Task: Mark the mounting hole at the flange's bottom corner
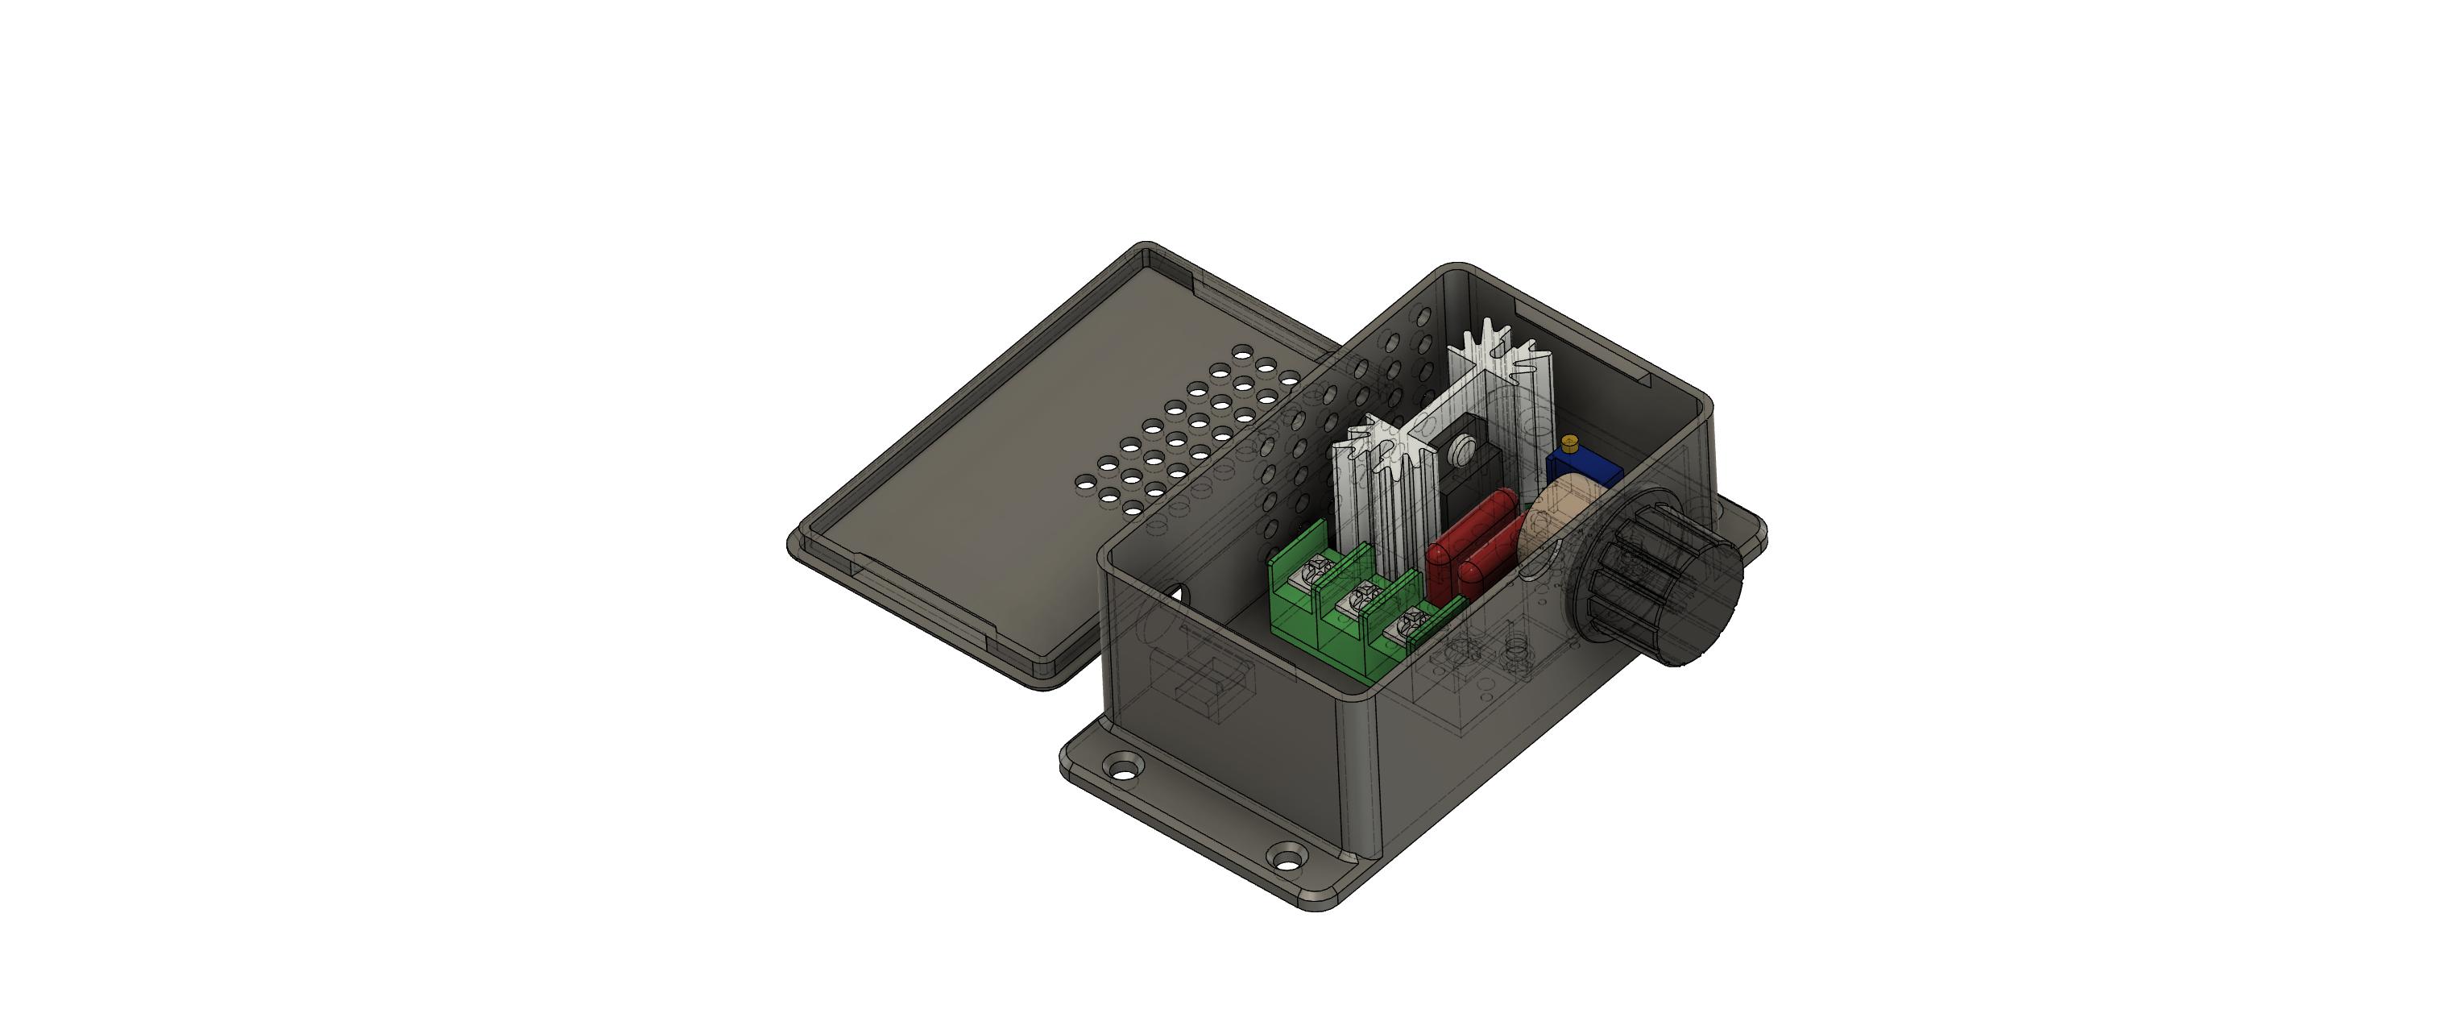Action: (x=1287, y=857)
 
